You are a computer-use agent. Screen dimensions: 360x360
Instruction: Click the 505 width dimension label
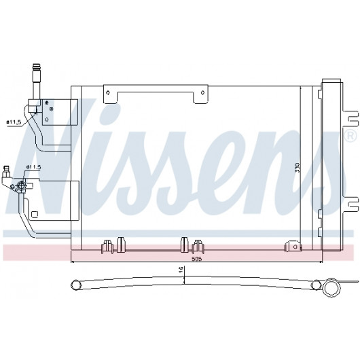(x=197, y=259)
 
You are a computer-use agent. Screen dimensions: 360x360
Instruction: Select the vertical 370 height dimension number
(x=298, y=168)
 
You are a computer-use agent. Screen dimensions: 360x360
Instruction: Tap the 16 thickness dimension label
(x=181, y=268)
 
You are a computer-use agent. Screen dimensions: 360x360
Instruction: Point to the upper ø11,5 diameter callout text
(x=14, y=122)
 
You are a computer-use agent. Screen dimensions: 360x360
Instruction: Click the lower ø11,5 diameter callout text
(x=33, y=167)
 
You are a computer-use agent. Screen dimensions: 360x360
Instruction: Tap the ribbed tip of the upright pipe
(x=36, y=68)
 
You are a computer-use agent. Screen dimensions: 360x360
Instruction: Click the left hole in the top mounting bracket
(x=108, y=93)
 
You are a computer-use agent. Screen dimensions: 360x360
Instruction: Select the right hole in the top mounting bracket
(x=202, y=93)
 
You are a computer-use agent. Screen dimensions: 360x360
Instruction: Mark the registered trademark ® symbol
(x=350, y=136)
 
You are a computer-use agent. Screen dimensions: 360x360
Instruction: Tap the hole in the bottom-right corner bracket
(x=295, y=247)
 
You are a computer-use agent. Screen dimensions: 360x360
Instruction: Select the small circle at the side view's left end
(x=75, y=285)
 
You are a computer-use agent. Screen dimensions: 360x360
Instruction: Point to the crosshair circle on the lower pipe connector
(x=21, y=185)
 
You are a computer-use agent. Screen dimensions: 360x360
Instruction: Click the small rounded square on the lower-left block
(x=35, y=214)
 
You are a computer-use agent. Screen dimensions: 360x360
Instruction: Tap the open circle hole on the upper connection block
(x=47, y=120)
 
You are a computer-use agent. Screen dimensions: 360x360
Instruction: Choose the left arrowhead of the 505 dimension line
(x=73, y=262)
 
